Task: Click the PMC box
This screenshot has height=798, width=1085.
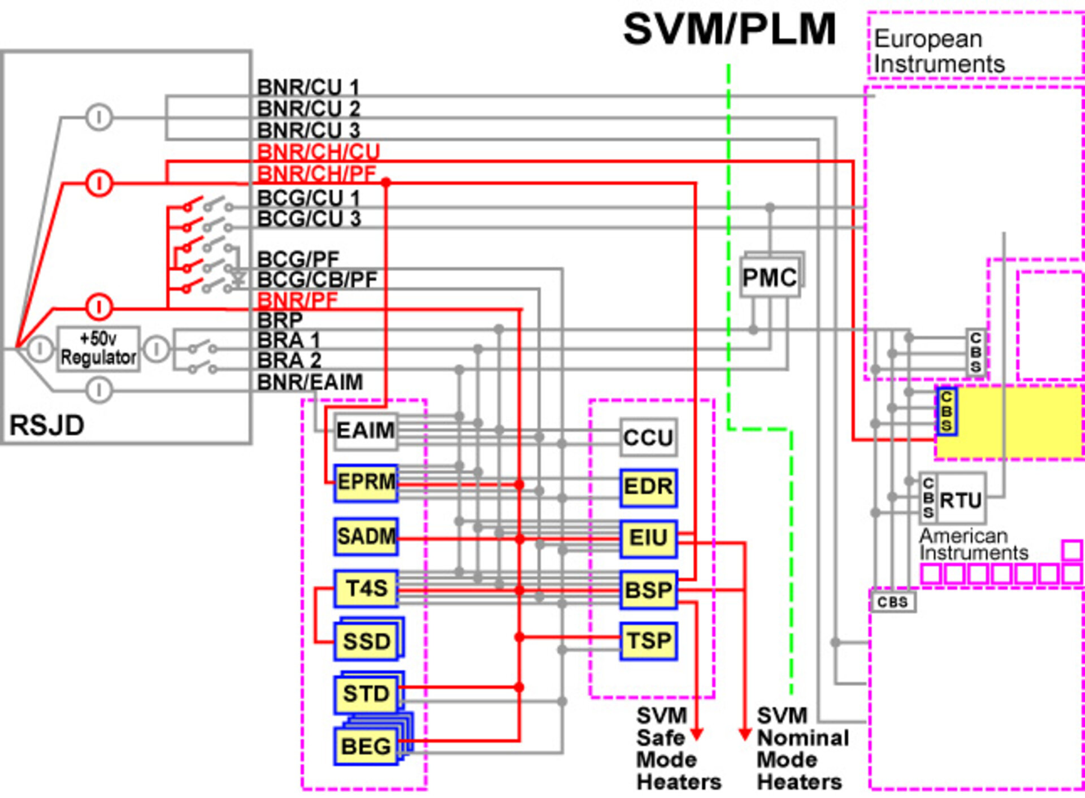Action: coord(770,277)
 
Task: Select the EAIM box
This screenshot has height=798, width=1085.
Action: coord(366,431)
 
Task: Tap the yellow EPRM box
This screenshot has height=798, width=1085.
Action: coord(366,482)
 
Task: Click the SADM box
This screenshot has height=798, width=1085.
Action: coord(366,536)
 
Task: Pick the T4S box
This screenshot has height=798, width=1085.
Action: coord(366,588)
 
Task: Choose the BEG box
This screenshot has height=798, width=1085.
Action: coord(366,746)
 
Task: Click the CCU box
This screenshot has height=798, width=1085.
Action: coord(648,437)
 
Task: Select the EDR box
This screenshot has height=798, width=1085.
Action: coord(648,487)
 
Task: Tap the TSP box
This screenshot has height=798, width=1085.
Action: coord(648,641)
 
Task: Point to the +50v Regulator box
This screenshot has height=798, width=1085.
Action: coord(98,349)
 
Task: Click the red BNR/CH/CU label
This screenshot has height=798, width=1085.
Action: coord(318,151)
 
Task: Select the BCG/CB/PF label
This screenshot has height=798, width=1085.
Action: coord(317,279)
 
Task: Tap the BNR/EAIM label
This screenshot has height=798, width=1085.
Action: coord(310,382)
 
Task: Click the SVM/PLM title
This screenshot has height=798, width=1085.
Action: coord(729,29)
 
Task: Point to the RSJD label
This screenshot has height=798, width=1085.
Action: coord(47,425)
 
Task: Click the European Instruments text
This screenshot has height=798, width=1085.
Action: coord(939,51)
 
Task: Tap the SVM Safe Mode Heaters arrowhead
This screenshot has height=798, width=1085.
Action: coord(697,734)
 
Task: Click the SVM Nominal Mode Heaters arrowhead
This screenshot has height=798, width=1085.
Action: coord(745,734)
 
